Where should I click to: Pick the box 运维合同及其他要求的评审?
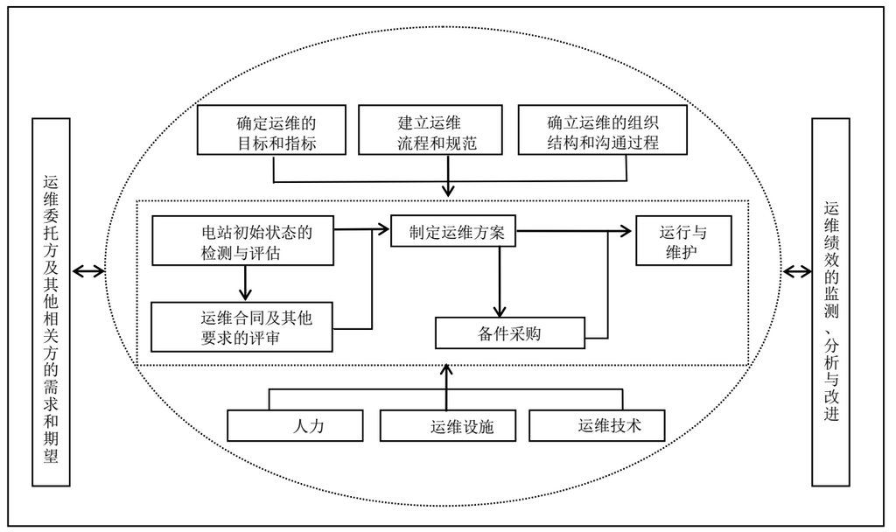(242, 325)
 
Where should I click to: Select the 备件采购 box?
(497, 332)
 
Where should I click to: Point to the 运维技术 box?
(598, 426)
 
